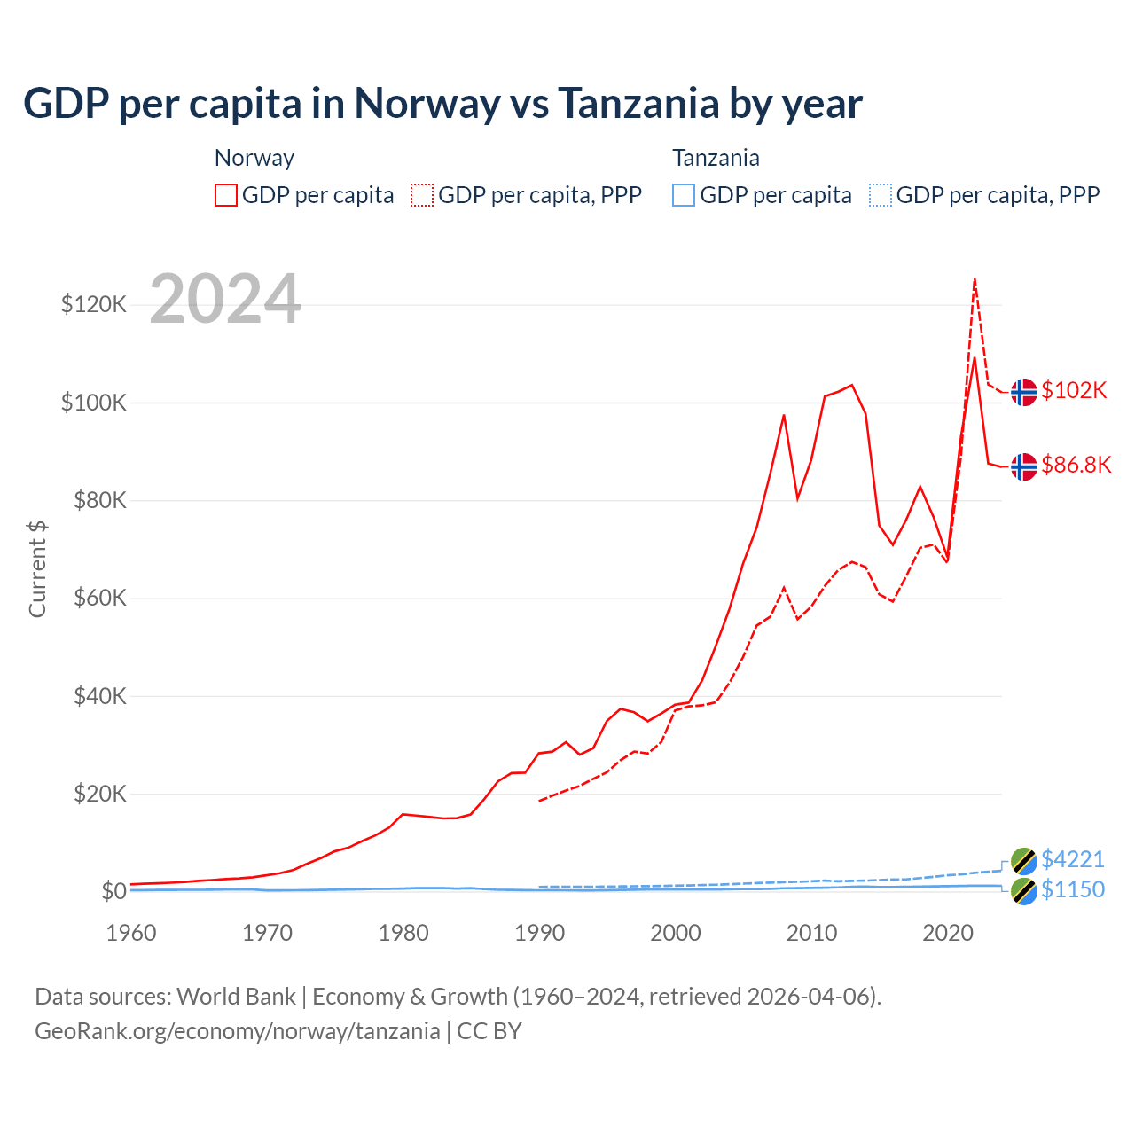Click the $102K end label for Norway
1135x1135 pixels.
(x=1074, y=390)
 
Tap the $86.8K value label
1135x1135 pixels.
(x=1076, y=465)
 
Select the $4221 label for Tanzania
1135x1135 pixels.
(x=1073, y=859)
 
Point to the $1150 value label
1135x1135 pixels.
(x=1073, y=889)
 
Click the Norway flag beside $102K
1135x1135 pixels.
(x=1024, y=391)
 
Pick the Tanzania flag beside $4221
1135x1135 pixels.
(x=1024, y=860)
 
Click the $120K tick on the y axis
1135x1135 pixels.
(x=94, y=305)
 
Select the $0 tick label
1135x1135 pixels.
(x=113, y=891)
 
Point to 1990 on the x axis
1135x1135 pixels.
(x=539, y=933)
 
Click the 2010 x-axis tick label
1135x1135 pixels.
(x=812, y=933)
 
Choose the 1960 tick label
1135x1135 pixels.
(x=131, y=933)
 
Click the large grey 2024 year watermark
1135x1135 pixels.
(x=225, y=299)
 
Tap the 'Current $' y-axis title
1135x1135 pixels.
(x=37, y=569)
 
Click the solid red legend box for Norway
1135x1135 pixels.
(x=226, y=195)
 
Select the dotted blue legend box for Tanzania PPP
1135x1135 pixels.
(x=881, y=195)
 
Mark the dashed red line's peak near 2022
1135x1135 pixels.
(x=975, y=278)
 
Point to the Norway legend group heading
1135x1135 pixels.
(x=254, y=158)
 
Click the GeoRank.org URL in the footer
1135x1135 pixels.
(x=238, y=1031)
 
